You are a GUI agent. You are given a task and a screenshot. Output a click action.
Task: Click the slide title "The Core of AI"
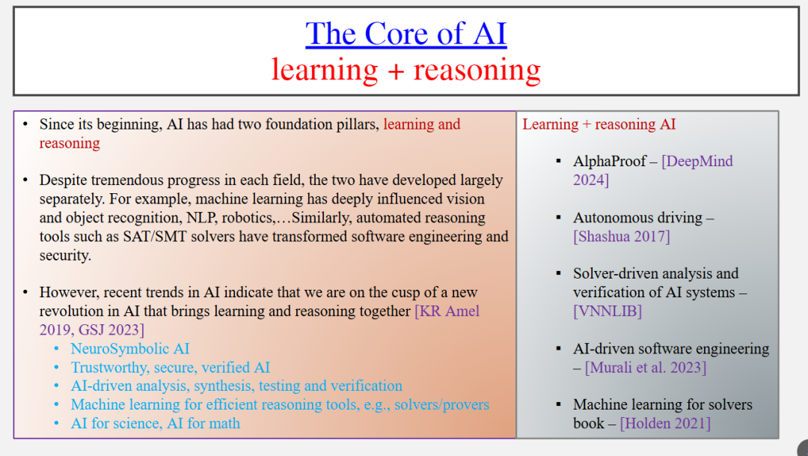click(406, 34)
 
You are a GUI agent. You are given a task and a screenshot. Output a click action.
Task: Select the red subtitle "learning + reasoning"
click(406, 70)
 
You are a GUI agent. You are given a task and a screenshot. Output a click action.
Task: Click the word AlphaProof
click(610, 162)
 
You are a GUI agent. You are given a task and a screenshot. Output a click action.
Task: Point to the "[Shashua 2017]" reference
click(622, 237)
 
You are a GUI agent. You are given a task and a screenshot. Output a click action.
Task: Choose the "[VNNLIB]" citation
click(607, 311)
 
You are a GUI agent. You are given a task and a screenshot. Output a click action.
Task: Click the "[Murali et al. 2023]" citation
click(646, 368)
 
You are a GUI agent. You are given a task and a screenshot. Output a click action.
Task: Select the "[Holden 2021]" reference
click(665, 424)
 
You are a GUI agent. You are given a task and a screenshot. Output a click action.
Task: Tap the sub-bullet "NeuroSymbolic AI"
click(130, 349)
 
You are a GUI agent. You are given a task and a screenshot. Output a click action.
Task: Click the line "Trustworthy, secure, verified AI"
click(170, 368)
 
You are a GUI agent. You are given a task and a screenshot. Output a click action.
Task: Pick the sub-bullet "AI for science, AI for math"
click(155, 424)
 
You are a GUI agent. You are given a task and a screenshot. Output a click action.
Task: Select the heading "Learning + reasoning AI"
click(599, 124)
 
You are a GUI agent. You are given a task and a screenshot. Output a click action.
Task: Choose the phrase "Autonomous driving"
click(637, 218)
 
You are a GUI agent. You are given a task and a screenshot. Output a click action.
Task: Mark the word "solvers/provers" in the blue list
click(441, 405)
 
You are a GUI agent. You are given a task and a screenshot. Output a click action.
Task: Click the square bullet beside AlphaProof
click(559, 162)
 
